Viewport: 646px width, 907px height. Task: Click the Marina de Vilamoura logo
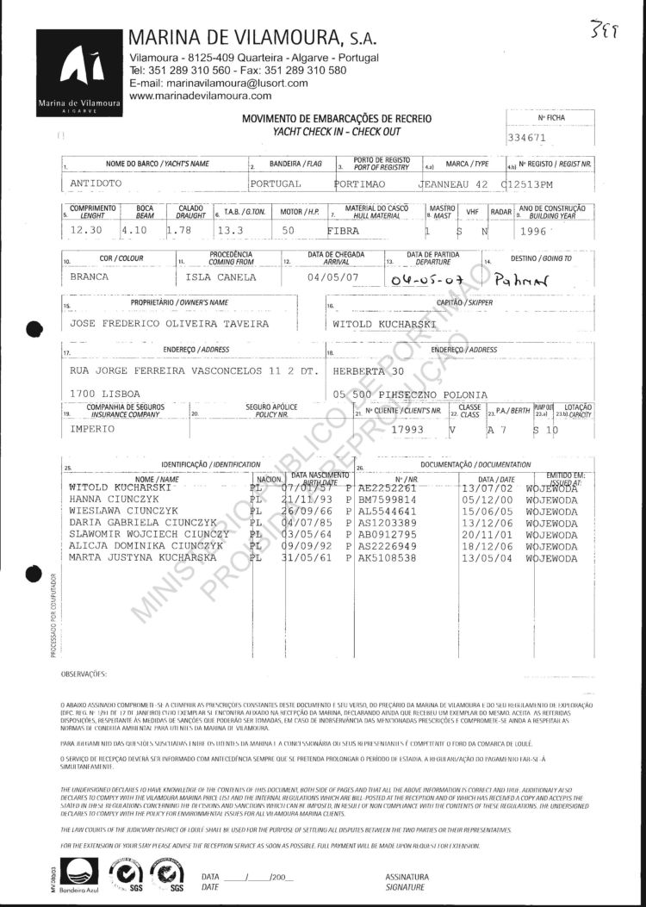click(x=78, y=72)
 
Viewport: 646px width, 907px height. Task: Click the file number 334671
click(x=529, y=137)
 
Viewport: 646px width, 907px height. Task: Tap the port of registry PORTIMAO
click(x=363, y=183)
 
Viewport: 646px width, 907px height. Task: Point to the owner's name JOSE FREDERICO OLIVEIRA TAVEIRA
click(x=157, y=324)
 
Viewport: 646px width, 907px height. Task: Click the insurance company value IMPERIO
click(x=92, y=428)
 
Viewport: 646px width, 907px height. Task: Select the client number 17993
click(x=410, y=428)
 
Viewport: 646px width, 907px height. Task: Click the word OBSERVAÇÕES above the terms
click(x=84, y=673)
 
